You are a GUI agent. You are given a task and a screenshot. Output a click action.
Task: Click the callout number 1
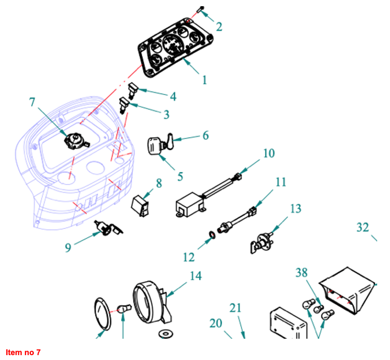pos(204,80)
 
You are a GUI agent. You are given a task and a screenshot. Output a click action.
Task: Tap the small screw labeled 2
pos(200,9)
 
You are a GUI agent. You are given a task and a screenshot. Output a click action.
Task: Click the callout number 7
pos(32,102)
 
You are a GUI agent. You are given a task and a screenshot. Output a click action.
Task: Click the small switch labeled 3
pos(124,106)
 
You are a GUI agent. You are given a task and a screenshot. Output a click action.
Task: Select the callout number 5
pos(180,176)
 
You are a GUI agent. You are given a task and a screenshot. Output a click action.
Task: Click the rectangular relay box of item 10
pos(189,206)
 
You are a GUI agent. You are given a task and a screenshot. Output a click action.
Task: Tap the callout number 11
pos(280,182)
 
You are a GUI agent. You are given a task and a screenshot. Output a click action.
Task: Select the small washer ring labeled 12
pos(213,234)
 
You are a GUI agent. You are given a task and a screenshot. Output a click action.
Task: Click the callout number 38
pos(301,273)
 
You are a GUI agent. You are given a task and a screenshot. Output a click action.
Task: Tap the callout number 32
pos(363,227)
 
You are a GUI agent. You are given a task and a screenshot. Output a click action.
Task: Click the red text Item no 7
pos(23,352)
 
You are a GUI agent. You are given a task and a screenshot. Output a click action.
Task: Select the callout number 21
pos(235,308)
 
